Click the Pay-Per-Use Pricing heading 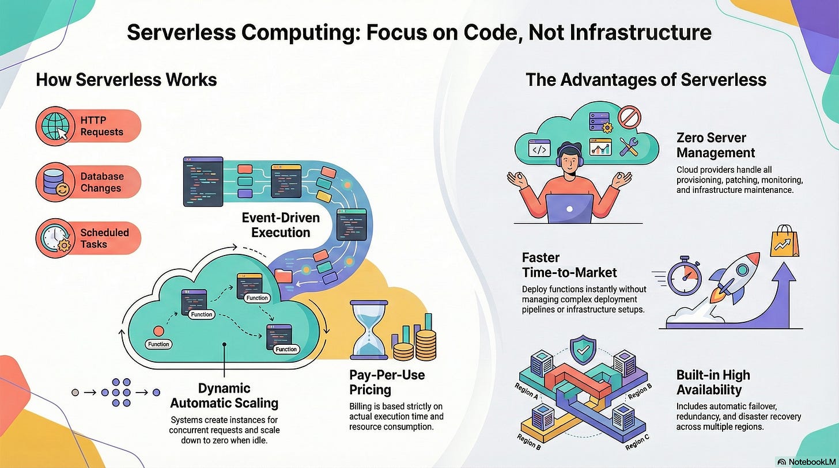387,382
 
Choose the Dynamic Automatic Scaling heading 224,395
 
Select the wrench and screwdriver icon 629,147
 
